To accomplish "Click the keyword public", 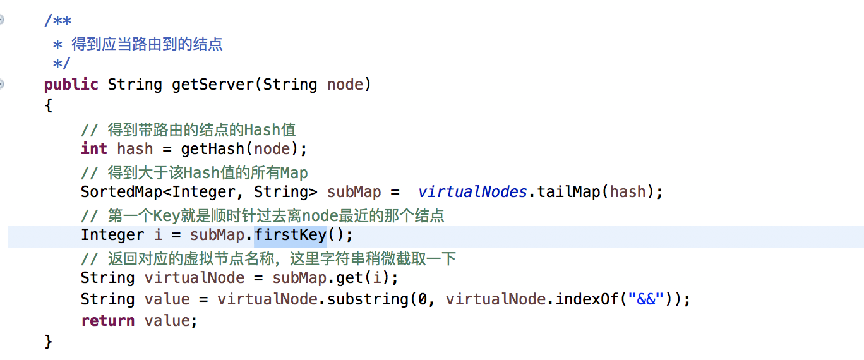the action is [x=71, y=85].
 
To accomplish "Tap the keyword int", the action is [x=93, y=149].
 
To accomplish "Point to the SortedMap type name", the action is [x=121, y=192].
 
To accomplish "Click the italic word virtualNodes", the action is [x=472, y=192].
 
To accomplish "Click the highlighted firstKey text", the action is [x=290, y=236].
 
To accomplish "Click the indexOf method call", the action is [x=587, y=299].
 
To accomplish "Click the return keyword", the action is [x=107, y=321].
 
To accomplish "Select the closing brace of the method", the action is [x=49, y=342].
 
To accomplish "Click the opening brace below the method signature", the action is [x=49, y=105].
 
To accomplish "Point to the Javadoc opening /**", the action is [x=57, y=21].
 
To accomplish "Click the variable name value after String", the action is [x=167, y=299].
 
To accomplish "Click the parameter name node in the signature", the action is [x=345, y=85].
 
